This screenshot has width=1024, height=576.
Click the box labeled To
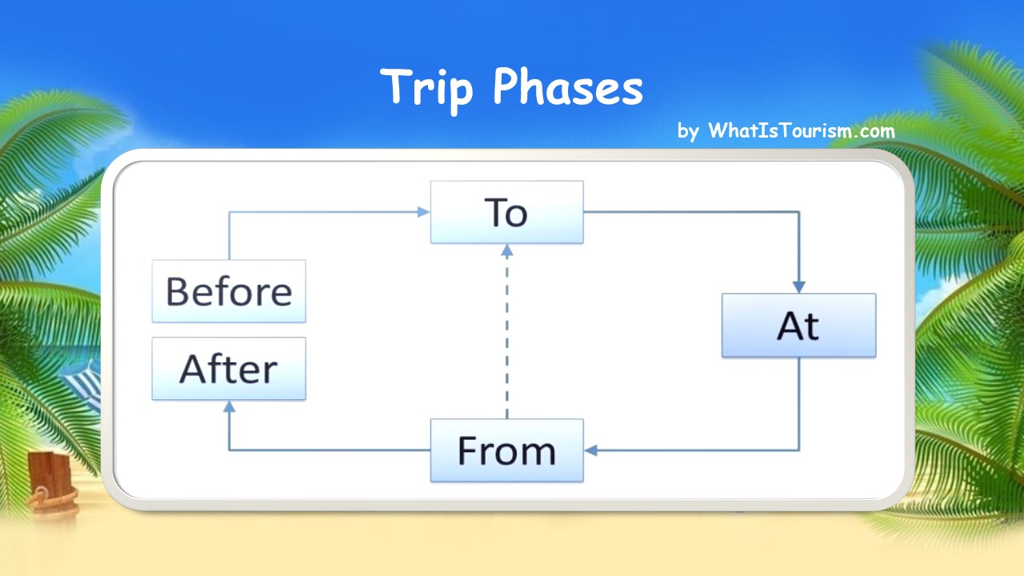pyautogui.click(x=506, y=212)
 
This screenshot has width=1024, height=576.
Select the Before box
pyautogui.click(x=229, y=291)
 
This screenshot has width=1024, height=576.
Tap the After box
pyautogui.click(x=229, y=369)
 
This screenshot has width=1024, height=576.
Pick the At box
pyautogui.click(x=798, y=326)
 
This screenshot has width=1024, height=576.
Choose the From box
pyautogui.click(x=506, y=450)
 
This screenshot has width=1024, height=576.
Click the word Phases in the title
pyautogui.click(x=567, y=87)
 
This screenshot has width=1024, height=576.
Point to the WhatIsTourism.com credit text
pyautogui.click(x=801, y=131)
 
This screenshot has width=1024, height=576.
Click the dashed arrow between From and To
pyautogui.click(x=506, y=336)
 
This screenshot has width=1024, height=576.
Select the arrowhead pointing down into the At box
pyautogui.click(x=798, y=287)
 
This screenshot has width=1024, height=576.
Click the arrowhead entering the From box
pyautogui.click(x=590, y=450)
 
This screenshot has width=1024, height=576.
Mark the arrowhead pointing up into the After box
pyautogui.click(x=229, y=406)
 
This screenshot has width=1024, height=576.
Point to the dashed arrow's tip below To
pyautogui.click(x=506, y=250)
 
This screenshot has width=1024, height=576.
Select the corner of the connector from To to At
pyautogui.click(x=798, y=212)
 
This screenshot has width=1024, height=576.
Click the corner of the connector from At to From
pyautogui.click(x=798, y=450)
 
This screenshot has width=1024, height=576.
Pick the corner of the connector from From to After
pyautogui.click(x=229, y=450)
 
